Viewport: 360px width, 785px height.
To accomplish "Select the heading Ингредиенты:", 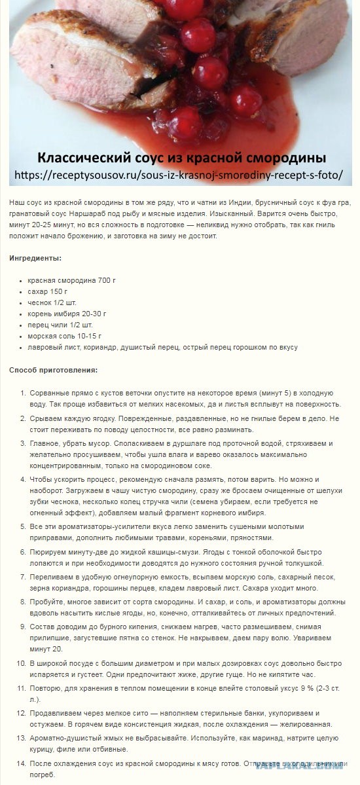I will pyautogui.click(x=35, y=259).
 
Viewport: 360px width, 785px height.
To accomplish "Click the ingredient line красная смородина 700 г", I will pyautogui.click(x=71, y=280).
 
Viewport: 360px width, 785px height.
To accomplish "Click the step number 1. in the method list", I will pyautogui.click(x=22, y=393).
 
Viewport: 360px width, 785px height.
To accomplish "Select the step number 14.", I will pyautogui.click(x=20, y=763).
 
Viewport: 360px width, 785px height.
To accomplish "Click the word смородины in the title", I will pyautogui.click(x=289, y=158).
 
